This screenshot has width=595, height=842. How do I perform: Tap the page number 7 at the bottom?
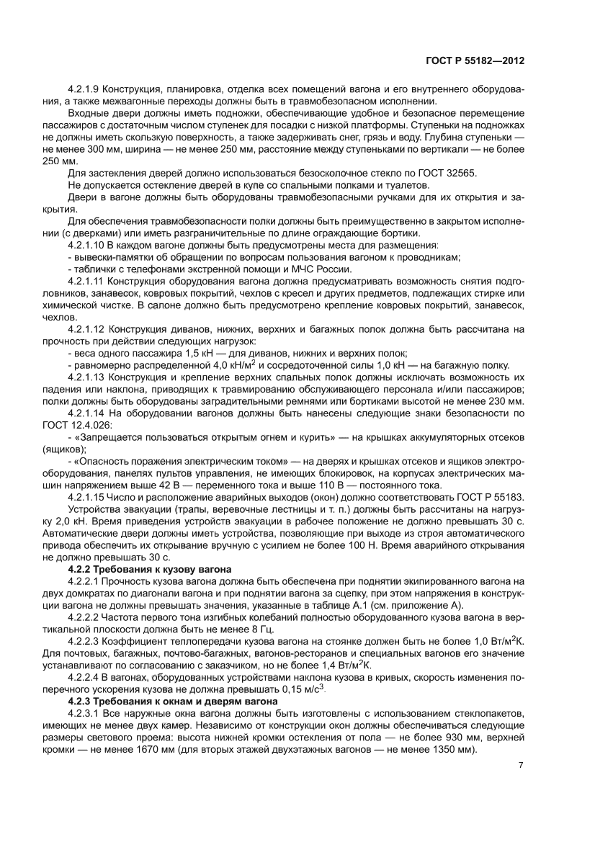[520, 764]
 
